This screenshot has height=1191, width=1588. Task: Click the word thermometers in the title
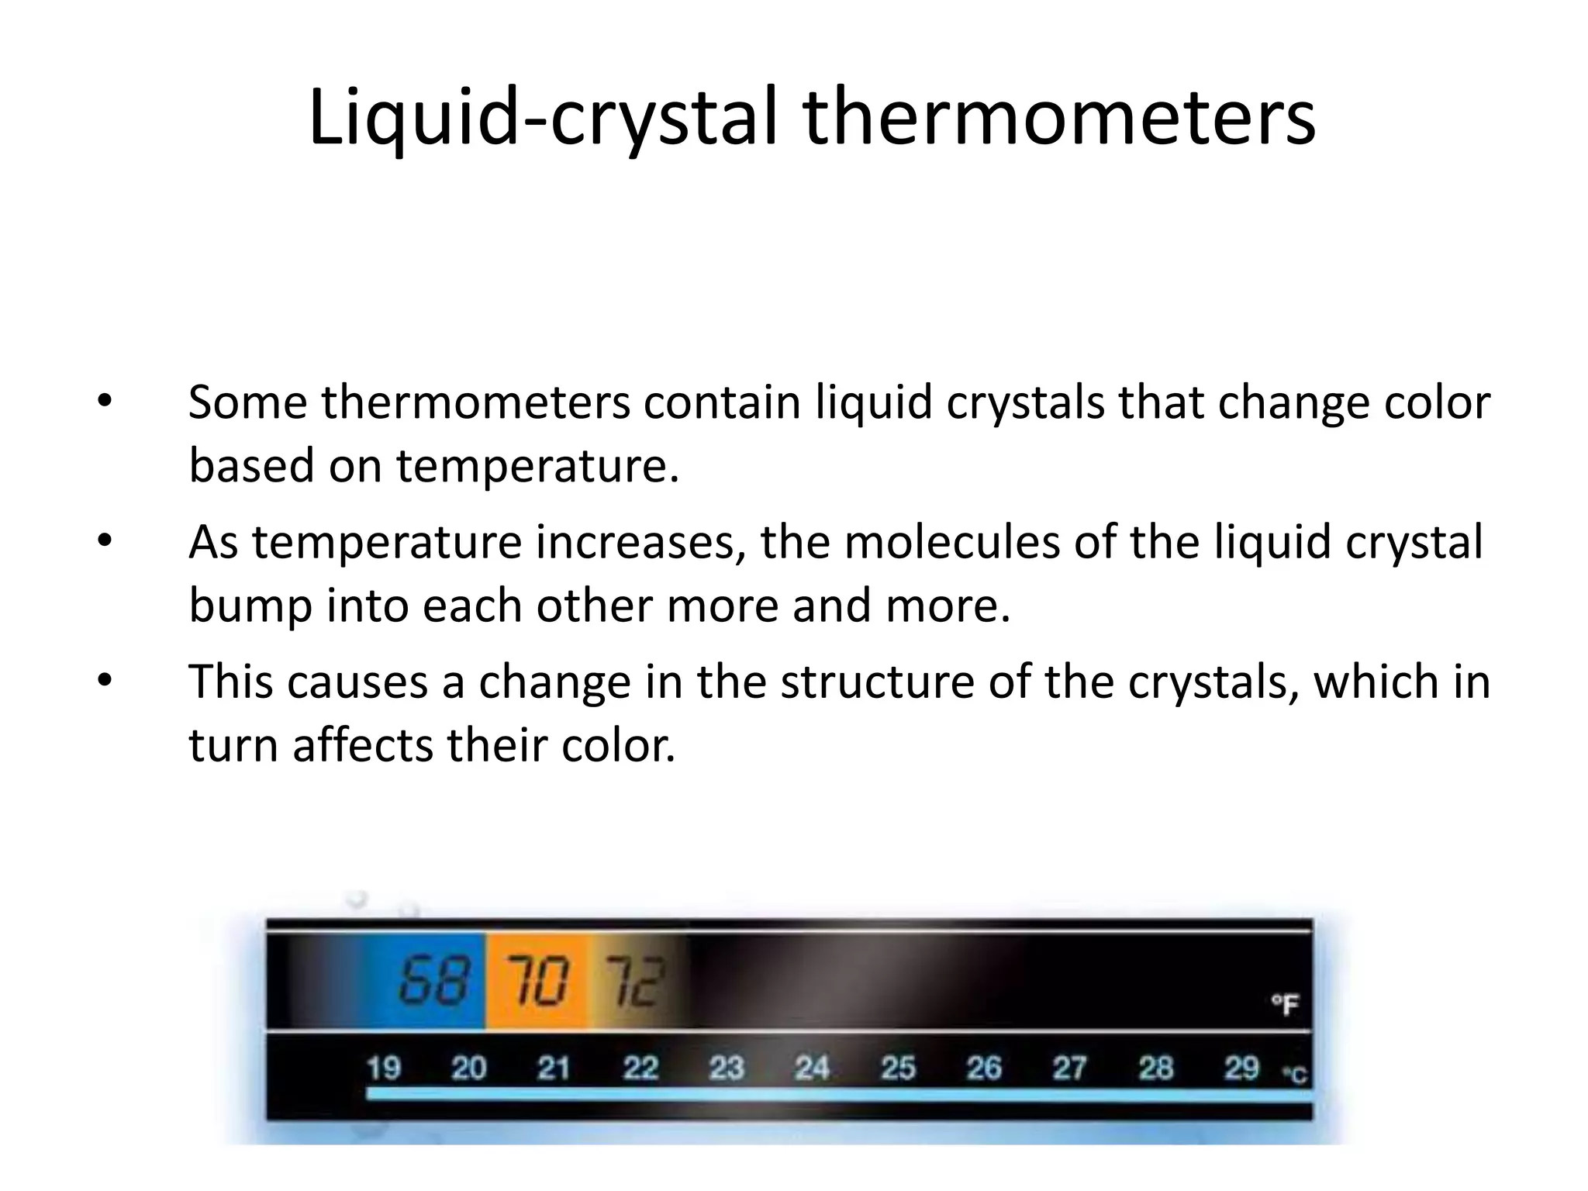[1059, 118]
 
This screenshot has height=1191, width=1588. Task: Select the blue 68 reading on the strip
[434, 980]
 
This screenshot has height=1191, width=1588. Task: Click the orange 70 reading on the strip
[537, 980]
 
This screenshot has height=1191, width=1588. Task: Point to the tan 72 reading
[634, 982]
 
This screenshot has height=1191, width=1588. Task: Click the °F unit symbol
[1284, 1005]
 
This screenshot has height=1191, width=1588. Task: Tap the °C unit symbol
[1294, 1074]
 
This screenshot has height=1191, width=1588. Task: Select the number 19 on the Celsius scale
[383, 1068]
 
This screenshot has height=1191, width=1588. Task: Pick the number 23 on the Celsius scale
[726, 1068]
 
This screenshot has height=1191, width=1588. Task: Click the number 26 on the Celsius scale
[983, 1068]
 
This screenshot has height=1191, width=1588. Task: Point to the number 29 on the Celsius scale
[1241, 1068]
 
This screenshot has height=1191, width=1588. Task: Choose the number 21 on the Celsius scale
[554, 1068]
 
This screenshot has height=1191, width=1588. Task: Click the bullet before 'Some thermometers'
[105, 402]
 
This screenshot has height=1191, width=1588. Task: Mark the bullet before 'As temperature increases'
[105, 541]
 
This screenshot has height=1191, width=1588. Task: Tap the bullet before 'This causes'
[105, 681]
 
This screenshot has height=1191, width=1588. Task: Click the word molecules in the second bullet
[952, 541]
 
